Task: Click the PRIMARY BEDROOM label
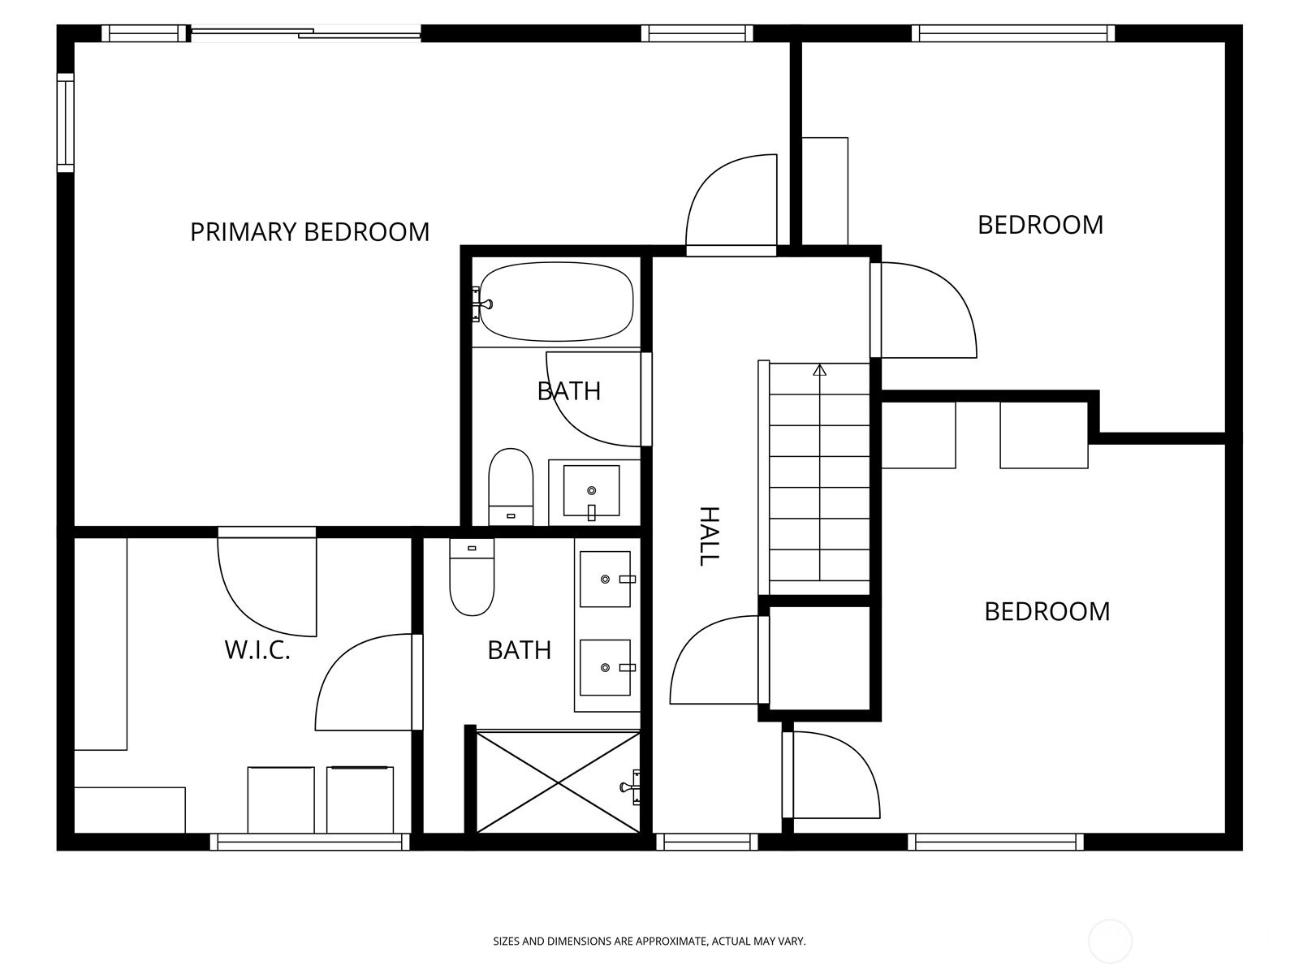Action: point(309,232)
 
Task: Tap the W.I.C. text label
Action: point(257,650)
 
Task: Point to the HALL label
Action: point(709,536)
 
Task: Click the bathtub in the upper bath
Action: point(555,302)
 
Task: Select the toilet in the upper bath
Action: point(511,487)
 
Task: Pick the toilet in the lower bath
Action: point(472,576)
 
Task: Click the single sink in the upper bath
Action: point(591,491)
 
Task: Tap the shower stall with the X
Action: point(558,782)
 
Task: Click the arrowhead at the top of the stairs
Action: point(820,370)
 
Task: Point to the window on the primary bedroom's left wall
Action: point(65,123)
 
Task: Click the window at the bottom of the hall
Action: point(706,842)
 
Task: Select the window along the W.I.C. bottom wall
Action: point(310,842)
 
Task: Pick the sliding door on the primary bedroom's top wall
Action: point(305,33)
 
